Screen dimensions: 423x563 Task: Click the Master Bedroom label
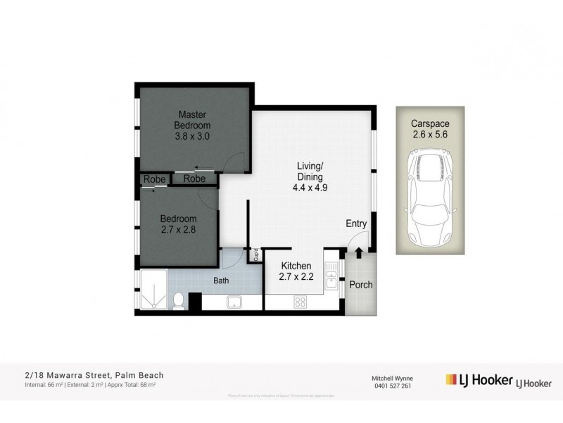[x=192, y=119]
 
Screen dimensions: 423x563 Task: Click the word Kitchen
[x=296, y=266]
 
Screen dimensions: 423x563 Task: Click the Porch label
[x=361, y=285]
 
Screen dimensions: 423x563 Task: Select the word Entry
[x=356, y=224]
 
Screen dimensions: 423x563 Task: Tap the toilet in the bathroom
[x=179, y=301]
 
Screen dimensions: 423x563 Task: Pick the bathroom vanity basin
[x=234, y=302]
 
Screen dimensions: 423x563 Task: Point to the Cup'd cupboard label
[x=256, y=255]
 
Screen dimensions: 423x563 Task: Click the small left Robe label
[x=154, y=179]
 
